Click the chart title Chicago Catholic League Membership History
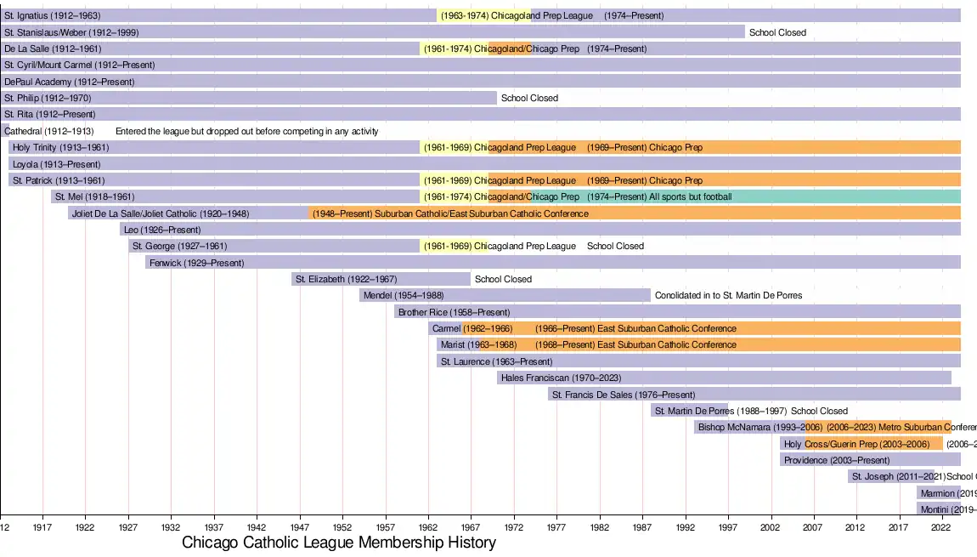pyautogui.click(x=339, y=543)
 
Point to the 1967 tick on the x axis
pyautogui.click(x=472, y=526)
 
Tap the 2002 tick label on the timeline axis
pyautogui.click(x=771, y=526)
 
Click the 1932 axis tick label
pyautogui.click(x=171, y=526)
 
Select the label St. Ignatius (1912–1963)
pyautogui.click(x=52, y=15)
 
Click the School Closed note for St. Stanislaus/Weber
pyautogui.click(x=777, y=32)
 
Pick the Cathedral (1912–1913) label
pyautogui.click(x=48, y=132)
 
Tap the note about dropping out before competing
pyautogui.click(x=246, y=132)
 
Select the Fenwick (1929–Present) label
pyautogui.click(x=196, y=263)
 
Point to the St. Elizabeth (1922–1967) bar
pyautogui.click(x=381, y=279)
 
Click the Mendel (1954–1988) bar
pyautogui.click(x=505, y=295)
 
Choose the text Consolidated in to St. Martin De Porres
pyautogui.click(x=728, y=295)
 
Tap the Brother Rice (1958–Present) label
pyautogui.click(x=454, y=312)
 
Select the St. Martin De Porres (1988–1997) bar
pyautogui.click(x=689, y=411)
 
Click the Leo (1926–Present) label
pyautogui.click(x=162, y=230)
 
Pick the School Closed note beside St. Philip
pyautogui.click(x=529, y=98)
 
